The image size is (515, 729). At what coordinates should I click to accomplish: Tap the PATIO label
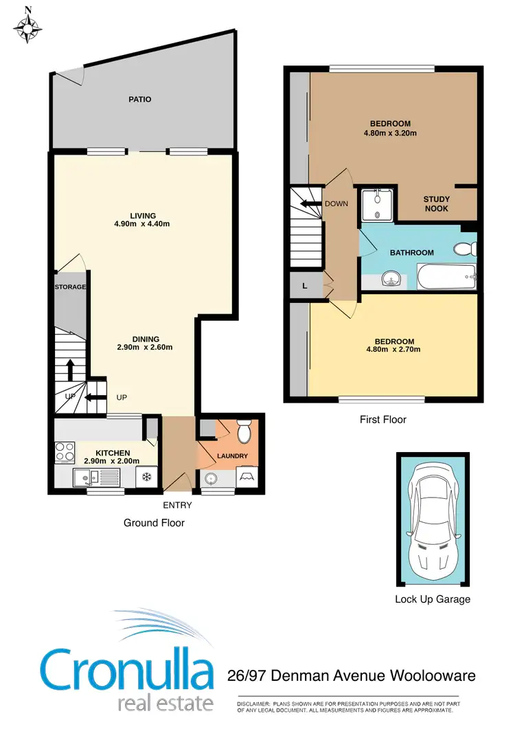tap(139, 100)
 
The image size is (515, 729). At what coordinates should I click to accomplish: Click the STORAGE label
tap(70, 287)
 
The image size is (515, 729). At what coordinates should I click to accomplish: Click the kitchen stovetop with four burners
tap(65, 453)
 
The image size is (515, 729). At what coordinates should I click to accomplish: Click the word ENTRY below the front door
tap(177, 506)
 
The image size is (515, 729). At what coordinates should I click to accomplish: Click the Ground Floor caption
tap(154, 523)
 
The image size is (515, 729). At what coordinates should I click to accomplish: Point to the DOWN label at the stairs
tap(336, 203)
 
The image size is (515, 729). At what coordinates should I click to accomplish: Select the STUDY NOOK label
tap(437, 204)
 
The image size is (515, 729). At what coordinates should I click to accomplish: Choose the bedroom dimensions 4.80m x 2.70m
tap(394, 350)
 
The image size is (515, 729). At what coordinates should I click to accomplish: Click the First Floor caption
tap(383, 419)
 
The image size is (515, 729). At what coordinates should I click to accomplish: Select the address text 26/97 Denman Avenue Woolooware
tap(351, 677)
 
